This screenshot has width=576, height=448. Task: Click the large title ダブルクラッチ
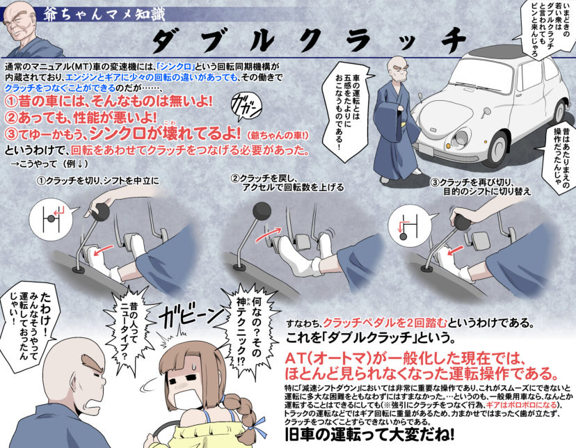pos(306,40)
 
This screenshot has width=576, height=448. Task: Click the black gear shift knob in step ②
pos(262,208)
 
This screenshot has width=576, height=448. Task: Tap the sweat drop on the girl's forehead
pos(189,361)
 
